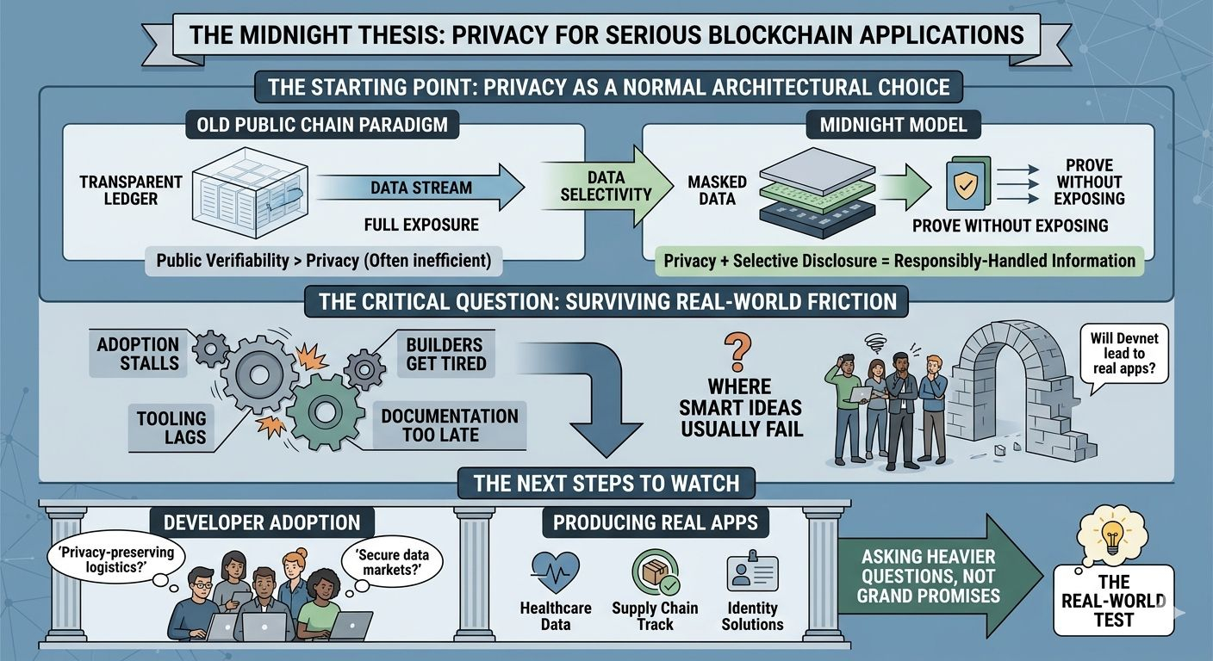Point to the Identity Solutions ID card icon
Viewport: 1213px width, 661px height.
click(x=752, y=571)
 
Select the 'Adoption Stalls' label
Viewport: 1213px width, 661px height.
click(x=138, y=354)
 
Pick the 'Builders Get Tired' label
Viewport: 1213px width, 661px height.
click(x=445, y=353)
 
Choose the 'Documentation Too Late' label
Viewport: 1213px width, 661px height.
click(x=449, y=424)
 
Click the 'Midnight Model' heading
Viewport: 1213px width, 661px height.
click(x=893, y=125)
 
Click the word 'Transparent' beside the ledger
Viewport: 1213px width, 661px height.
click(x=131, y=182)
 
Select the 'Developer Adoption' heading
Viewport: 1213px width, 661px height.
click(x=262, y=522)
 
